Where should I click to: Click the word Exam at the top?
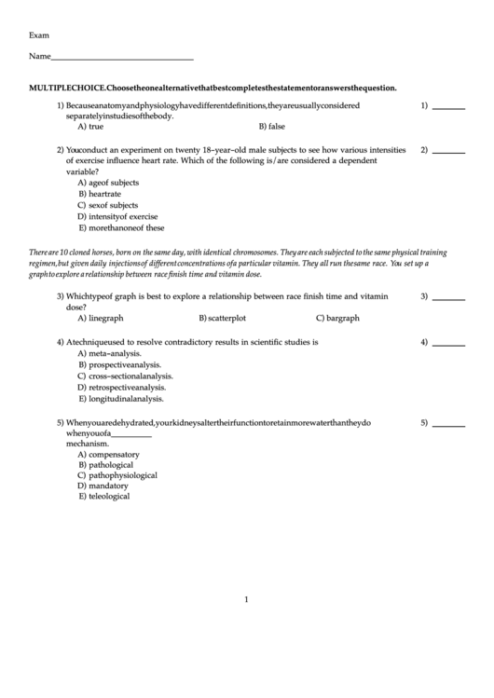[x=39, y=34]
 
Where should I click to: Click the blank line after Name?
[x=122, y=59]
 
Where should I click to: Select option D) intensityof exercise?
[x=117, y=216]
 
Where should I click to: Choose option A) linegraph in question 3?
[x=101, y=318]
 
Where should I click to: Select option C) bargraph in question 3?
[x=337, y=318]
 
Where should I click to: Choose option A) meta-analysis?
[x=110, y=353]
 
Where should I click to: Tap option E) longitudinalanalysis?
[x=121, y=398]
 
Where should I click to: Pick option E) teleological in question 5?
[x=104, y=497]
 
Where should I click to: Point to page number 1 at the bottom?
[x=246, y=599]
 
